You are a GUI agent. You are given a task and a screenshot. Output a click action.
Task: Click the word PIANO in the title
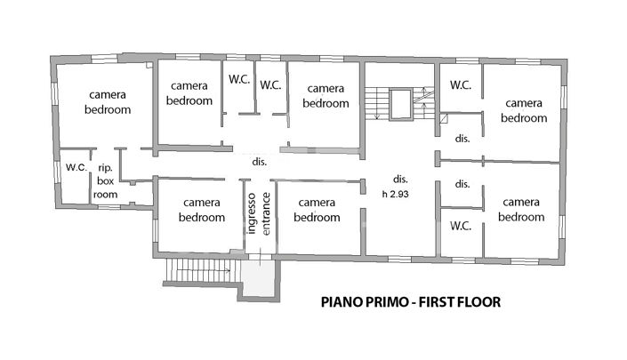[x=342, y=302]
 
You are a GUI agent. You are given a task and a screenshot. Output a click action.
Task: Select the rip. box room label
[x=105, y=180]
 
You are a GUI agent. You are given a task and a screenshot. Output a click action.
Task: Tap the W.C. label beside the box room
[x=75, y=167]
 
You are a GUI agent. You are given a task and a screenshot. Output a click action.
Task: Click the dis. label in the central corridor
[x=260, y=163]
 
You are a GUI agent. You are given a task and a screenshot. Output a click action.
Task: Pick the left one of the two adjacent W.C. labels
[x=237, y=79]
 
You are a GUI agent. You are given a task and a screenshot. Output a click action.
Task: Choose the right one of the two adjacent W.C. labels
[x=270, y=85]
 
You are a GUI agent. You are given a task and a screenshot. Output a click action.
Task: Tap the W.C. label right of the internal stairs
[x=460, y=85]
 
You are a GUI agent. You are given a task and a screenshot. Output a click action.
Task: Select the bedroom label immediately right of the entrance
[x=317, y=210]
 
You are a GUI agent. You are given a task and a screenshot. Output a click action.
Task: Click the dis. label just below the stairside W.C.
[x=462, y=139]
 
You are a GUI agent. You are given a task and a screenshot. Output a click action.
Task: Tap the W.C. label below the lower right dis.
[x=460, y=226]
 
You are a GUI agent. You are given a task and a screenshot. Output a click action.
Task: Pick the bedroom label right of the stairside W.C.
[x=523, y=110]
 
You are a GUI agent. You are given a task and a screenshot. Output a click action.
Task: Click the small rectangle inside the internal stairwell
[x=400, y=103]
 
